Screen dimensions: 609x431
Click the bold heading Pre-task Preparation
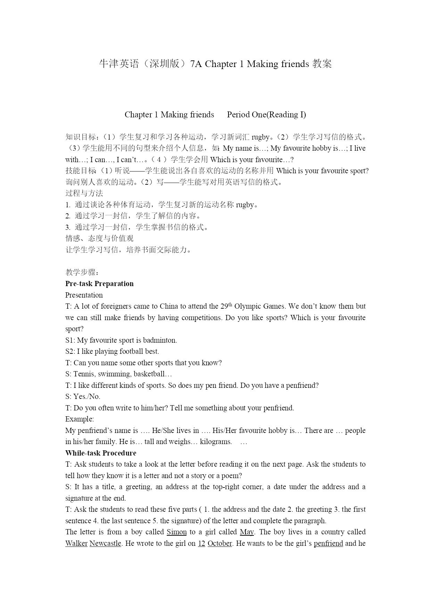coord(99,284)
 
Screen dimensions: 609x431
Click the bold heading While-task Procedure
coord(101,453)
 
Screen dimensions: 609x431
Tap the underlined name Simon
coord(176,532)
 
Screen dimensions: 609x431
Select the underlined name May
coord(247,532)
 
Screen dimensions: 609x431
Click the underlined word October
coord(219,543)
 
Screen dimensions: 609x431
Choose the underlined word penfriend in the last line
coord(328,543)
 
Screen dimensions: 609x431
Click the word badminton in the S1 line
coord(159,340)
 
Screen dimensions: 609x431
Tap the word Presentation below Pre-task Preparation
coord(84,295)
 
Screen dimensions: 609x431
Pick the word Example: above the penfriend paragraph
coord(80,419)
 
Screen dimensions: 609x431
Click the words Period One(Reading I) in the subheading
coord(266,115)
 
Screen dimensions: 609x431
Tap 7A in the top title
coord(196,64)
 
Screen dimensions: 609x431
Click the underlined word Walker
coord(76,543)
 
